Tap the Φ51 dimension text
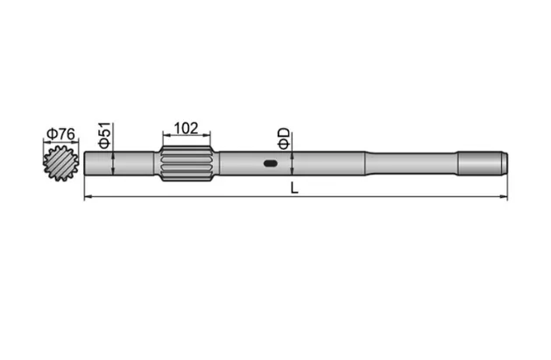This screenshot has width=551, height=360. (104, 135)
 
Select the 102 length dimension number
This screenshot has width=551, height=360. (186, 127)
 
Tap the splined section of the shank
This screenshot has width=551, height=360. (187, 164)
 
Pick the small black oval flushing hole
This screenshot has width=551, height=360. (271, 163)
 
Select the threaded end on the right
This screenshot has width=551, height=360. (482, 163)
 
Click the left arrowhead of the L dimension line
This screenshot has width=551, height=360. (88, 199)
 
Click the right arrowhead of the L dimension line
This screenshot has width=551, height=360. (504, 199)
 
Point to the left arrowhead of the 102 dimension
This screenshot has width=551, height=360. (166, 136)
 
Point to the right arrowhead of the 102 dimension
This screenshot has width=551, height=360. (208, 136)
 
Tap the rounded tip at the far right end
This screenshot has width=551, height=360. (505, 163)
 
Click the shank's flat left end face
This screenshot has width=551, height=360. (86, 163)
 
